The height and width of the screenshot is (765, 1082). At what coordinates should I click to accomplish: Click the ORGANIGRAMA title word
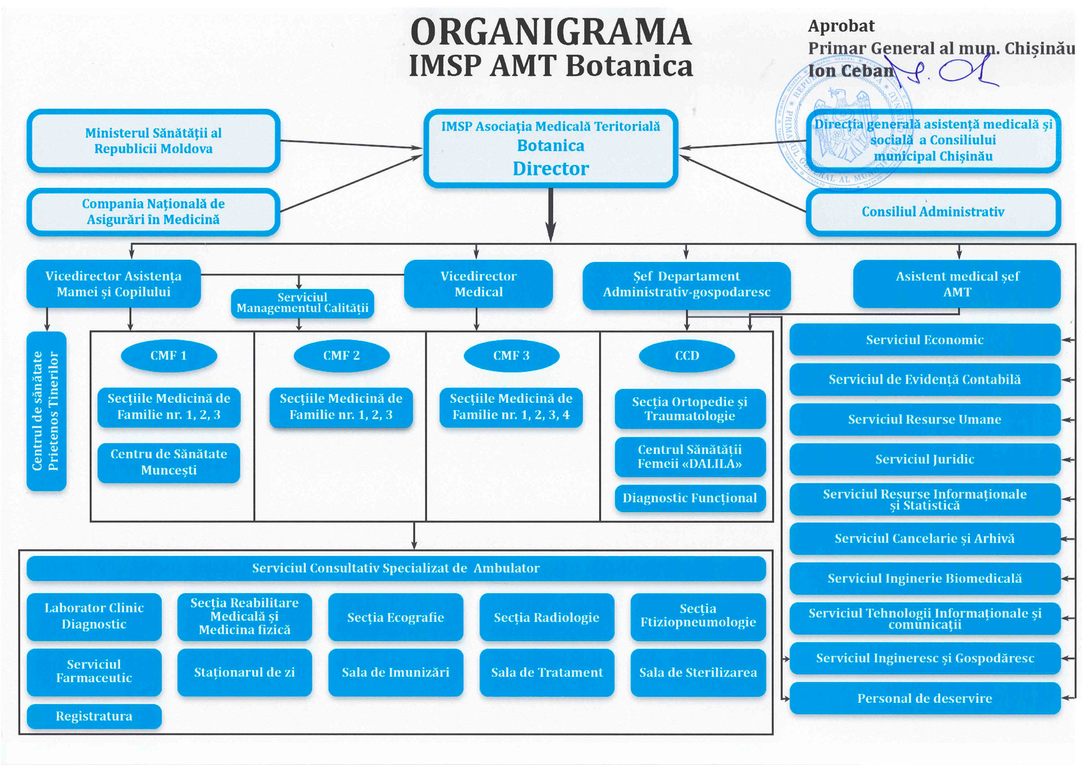551,32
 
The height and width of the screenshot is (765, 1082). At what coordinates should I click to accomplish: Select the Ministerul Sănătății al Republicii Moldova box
153,141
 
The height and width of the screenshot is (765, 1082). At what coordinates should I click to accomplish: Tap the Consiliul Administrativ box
933,212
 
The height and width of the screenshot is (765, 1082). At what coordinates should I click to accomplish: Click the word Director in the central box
551,168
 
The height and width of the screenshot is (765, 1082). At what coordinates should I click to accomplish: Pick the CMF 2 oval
342,355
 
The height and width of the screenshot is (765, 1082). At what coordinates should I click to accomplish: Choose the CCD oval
687,355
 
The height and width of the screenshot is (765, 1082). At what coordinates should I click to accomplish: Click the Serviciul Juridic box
925,459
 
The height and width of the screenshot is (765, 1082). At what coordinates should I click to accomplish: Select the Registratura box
94,716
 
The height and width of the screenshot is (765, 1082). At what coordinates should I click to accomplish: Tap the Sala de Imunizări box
396,672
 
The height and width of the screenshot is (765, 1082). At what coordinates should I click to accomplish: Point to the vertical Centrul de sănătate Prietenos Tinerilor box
46,411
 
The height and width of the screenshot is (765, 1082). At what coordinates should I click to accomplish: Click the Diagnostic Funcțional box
690,498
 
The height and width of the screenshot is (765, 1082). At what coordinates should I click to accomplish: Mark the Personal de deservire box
925,699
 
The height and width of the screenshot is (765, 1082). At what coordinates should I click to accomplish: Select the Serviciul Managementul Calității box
303,303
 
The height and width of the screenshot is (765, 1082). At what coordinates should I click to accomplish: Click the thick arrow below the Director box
551,215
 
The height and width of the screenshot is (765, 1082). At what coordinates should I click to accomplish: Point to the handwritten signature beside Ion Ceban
947,72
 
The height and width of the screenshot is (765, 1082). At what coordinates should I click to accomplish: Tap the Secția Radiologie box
547,617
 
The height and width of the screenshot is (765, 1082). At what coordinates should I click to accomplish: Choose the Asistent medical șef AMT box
957,284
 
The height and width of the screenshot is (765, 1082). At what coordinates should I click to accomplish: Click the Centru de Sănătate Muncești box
168,462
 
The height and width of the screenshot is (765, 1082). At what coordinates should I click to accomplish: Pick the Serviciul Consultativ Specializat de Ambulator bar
396,568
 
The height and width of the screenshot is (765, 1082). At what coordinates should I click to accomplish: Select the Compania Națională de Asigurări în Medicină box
153,212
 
